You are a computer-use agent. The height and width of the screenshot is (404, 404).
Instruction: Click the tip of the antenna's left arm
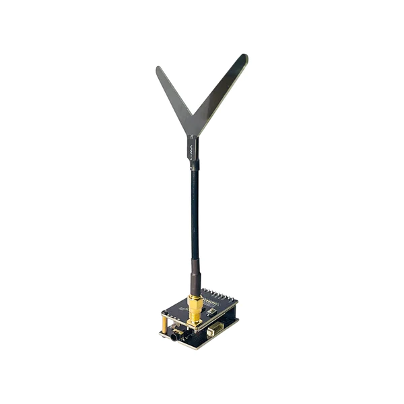coord(159,69)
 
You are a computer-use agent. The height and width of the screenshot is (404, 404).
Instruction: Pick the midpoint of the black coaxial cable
coord(194,215)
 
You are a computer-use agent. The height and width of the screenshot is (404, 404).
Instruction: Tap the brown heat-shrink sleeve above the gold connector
coord(195,276)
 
